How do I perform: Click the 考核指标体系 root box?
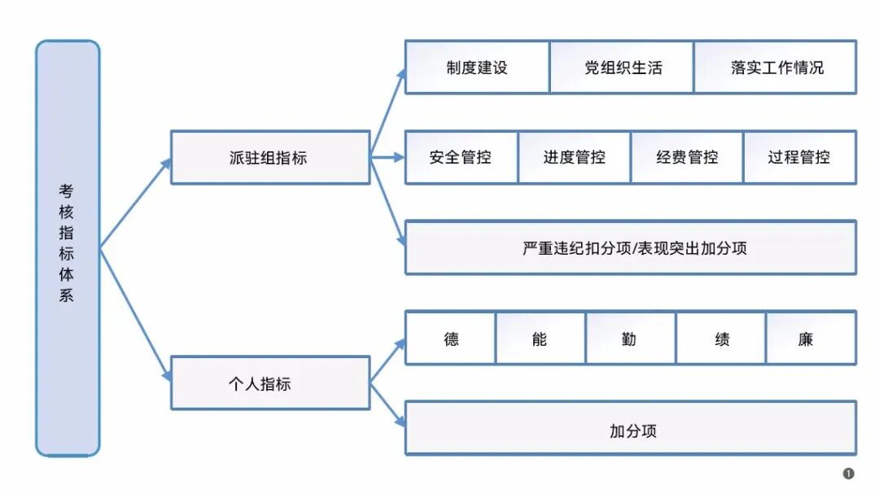pos(68,247)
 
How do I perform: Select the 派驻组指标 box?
pos(269,158)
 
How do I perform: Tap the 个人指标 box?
pos(269,383)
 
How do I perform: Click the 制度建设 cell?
pos(477,68)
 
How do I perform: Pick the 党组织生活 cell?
pos(622,68)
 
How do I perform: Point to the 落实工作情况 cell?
pos(775,68)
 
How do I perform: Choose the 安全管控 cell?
pos(461,157)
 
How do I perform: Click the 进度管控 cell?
pos(574,157)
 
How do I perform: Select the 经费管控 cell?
pos(687,157)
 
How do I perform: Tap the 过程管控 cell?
pos(799,157)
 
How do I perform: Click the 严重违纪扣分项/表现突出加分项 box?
pos(631,247)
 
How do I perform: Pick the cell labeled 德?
pos(451,338)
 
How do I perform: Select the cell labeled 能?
pos(540,338)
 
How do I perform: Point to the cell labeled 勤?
pos(630,338)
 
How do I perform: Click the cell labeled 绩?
pos(721,338)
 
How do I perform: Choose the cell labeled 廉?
pos(811,338)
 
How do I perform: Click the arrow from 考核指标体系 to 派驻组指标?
pos(135,203)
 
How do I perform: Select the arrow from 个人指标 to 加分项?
pos(387,404)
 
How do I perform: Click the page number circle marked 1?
pos(849,474)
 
